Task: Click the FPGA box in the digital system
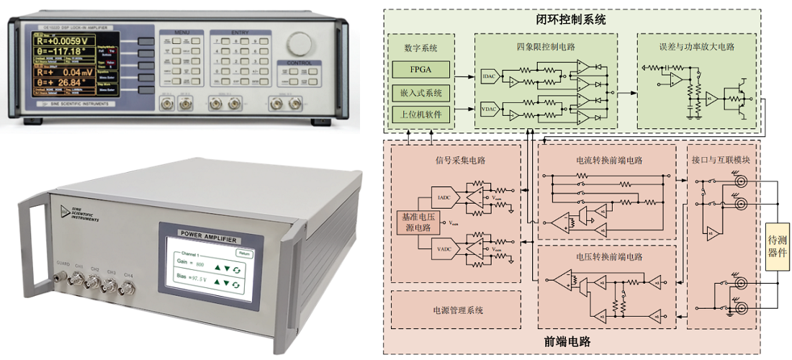(x=421, y=70)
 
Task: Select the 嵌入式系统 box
(x=421, y=92)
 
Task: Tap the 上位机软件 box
(x=421, y=114)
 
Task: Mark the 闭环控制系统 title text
(x=572, y=19)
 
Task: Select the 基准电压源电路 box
(x=418, y=222)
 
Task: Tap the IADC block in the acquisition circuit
(x=444, y=196)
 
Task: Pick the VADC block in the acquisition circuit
(x=444, y=248)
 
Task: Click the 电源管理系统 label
(x=454, y=310)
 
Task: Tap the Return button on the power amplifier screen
(x=246, y=253)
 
